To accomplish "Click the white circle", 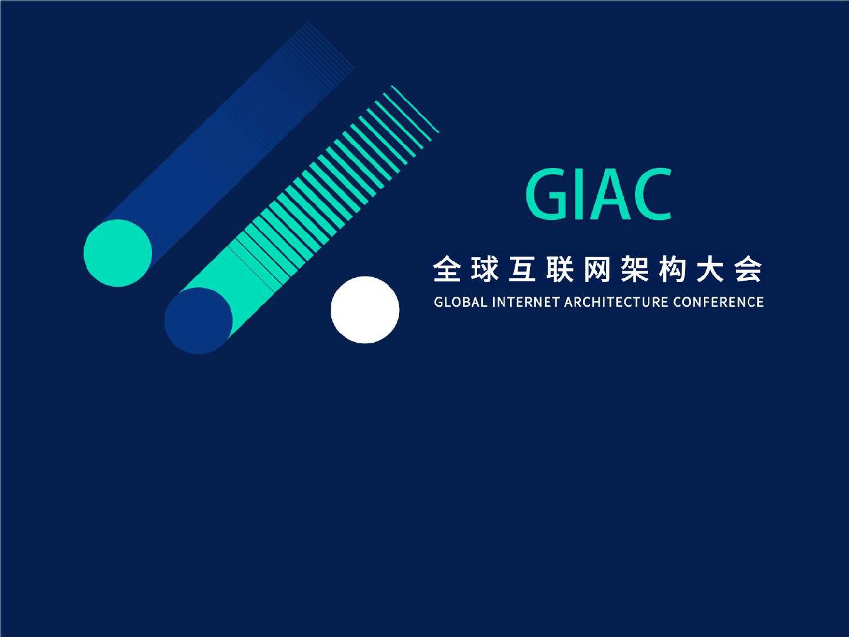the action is [x=365, y=310].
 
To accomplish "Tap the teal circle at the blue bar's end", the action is [x=118, y=253].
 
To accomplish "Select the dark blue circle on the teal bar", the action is [x=199, y=321].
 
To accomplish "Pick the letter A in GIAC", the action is [x=608, y=195].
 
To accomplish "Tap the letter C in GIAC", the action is [x=652, y=195].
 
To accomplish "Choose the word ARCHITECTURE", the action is [x=616, y=301].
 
